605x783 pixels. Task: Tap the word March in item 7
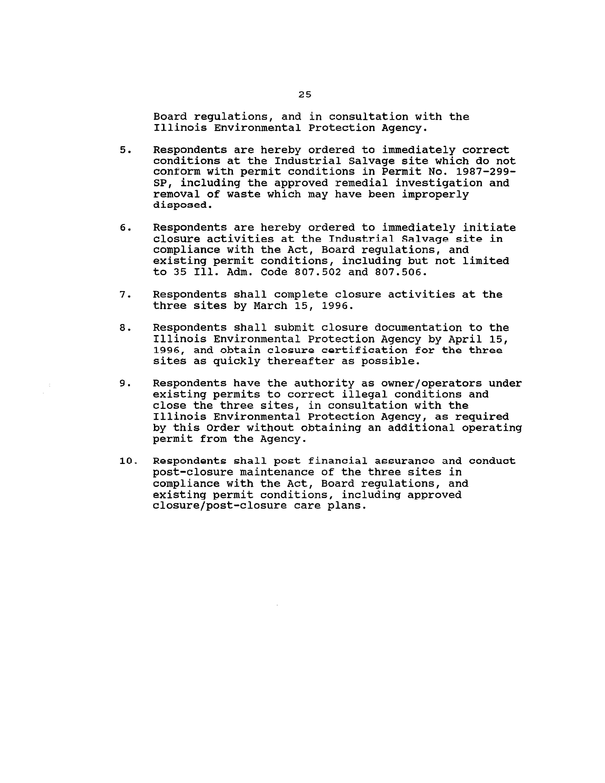[x=271, y=306]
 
